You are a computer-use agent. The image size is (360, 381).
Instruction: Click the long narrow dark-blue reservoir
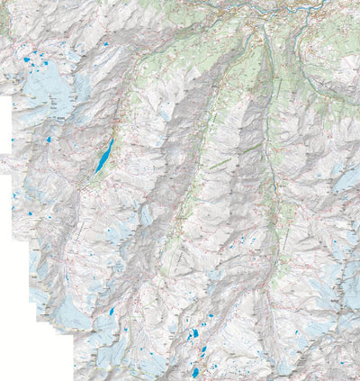click(104, 154)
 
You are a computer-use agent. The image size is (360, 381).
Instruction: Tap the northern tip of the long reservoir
click(112, 137)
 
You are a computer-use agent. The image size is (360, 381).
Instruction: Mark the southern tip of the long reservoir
click(95, 173)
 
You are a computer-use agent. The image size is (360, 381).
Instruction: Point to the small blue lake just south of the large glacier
click(44, 141)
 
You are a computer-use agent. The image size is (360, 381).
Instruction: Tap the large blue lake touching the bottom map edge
click(194, 371)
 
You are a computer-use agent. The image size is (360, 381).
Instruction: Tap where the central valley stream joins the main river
click(256, 27)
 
